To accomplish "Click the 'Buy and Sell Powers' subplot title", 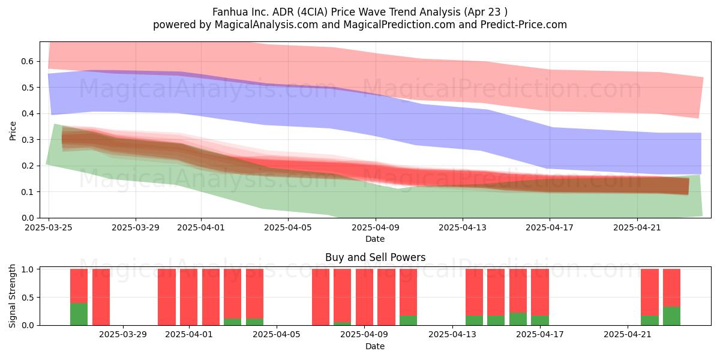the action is click(375, 257).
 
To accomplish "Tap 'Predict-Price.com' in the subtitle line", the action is click(524, 25).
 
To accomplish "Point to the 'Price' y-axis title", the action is click(13, 131).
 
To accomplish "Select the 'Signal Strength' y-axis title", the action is click(12, 296).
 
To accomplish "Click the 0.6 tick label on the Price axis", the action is click(28, 61).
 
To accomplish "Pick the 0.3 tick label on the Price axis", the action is click(28, 140).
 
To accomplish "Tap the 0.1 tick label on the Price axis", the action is click(28, 192).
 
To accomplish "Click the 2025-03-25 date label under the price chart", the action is click(49, 227).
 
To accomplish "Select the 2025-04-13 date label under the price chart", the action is click(463, 227).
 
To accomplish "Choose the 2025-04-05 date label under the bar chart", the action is click(277, 334).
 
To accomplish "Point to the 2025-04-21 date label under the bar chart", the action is click(628, 334).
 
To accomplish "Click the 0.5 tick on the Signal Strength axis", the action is click(28, 298).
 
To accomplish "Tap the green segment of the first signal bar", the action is click(79, 314).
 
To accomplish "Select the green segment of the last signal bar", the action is click(671, 316).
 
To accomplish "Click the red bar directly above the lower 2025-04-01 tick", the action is click(188, 297).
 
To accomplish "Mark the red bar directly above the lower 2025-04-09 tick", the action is click(365, 297).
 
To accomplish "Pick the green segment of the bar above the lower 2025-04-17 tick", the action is click(539, 320).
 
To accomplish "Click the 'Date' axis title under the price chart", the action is click(375, 239).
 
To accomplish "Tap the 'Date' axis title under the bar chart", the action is click(375, 346).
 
